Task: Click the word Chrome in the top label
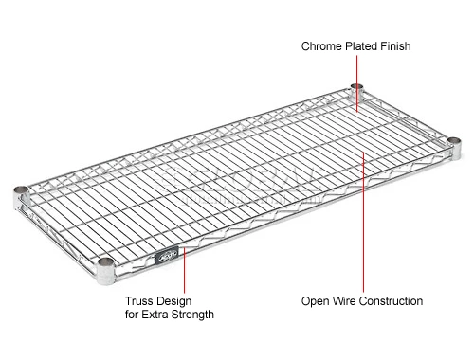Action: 322,45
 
